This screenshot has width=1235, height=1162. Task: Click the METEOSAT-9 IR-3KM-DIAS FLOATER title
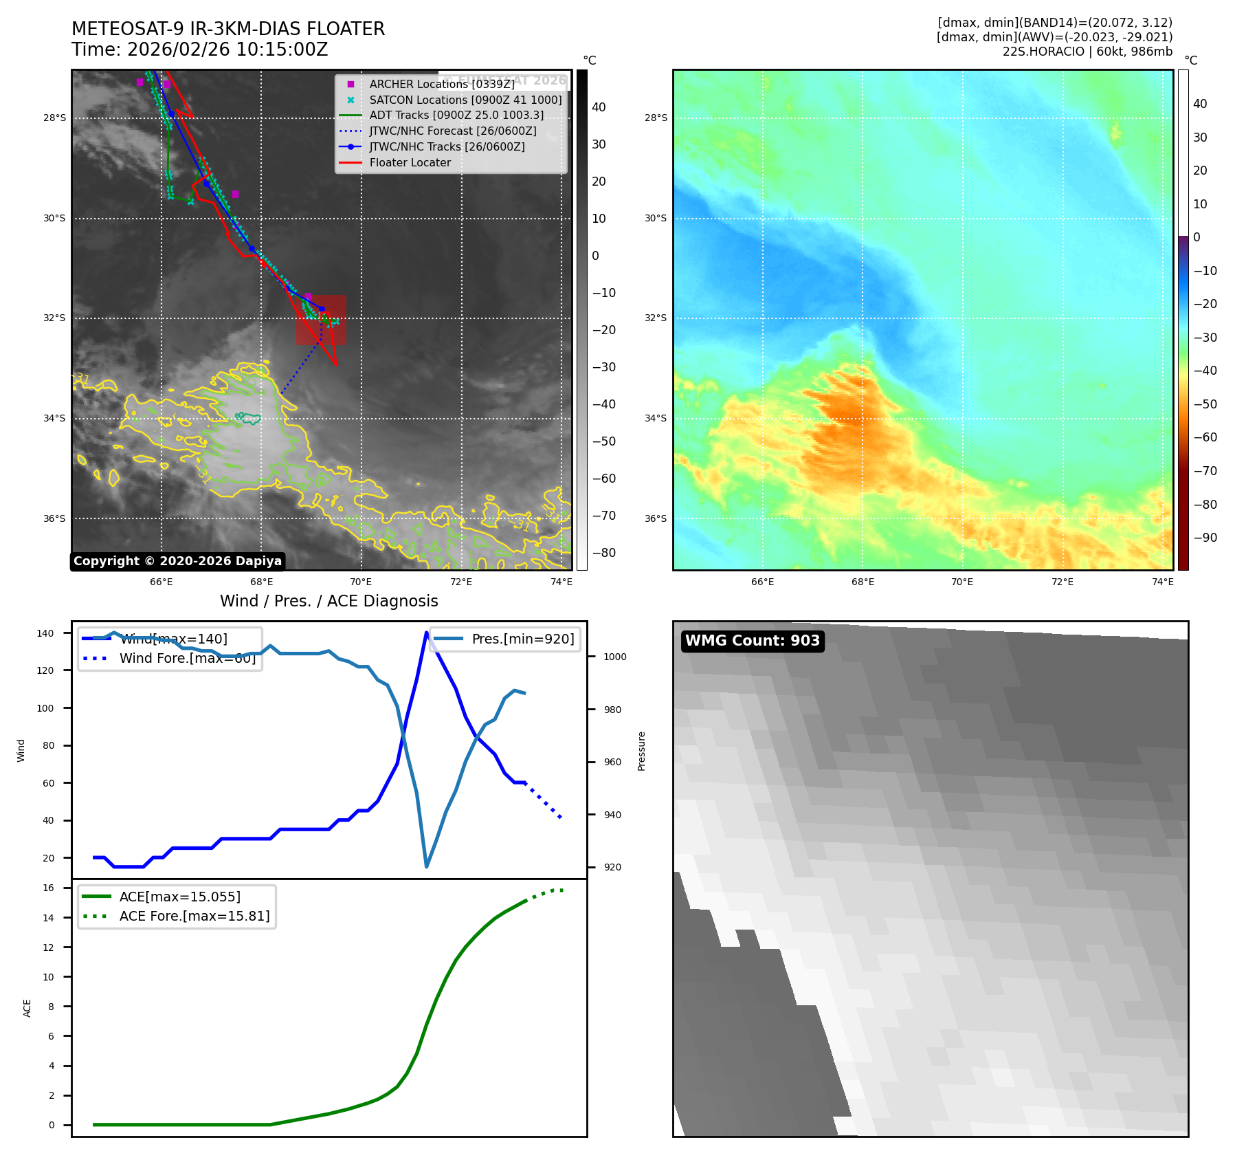[x=228, y=29]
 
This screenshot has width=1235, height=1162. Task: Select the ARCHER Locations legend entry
[x=441, y=84]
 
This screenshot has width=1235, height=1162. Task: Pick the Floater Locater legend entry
[x=410, y=163]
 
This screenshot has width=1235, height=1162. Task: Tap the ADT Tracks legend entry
[x=456, y=116]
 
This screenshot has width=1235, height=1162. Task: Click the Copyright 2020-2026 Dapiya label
[x=177, y=561]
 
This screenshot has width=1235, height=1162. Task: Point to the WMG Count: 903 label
[x=752, y=641]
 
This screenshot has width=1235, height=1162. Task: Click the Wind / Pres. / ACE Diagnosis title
[x=329, y=601]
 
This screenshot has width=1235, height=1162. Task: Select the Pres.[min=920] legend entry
[x=522, y=639]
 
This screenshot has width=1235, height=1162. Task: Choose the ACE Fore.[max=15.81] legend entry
[x=194, y=916]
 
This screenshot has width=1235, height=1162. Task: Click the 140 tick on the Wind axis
[x=45, y=633]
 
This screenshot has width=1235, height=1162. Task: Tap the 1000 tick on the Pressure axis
[x=614, y=657]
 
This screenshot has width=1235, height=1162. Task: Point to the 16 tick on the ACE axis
[x=49, y=888]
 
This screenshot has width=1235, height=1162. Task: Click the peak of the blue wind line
[x=426, y=633]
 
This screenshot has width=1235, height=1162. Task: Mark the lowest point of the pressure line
[x=426, y=866]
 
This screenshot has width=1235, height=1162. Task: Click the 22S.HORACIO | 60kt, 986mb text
[x=1087, y=52]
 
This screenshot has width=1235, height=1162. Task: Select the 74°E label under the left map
[x=561, y=582]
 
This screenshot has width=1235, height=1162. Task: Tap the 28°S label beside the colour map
[x=655, y=118]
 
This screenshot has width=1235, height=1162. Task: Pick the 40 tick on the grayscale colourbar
[x=599, y=107]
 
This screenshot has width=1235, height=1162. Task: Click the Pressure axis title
[x=641, y=751]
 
